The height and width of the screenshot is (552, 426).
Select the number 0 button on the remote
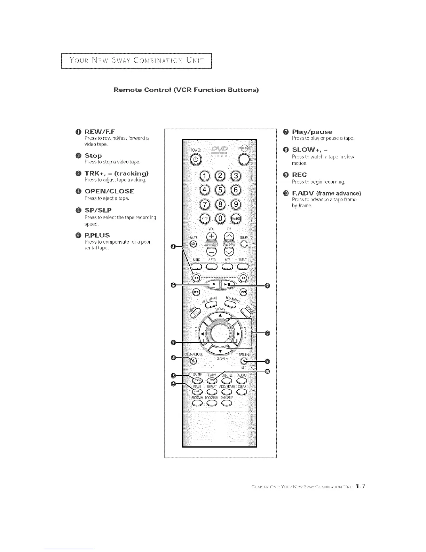221,218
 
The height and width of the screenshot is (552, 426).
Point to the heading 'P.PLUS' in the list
97,235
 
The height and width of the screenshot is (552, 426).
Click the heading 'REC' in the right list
299,175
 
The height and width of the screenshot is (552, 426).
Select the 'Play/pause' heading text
312,132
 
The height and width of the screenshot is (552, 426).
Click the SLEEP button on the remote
244,244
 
